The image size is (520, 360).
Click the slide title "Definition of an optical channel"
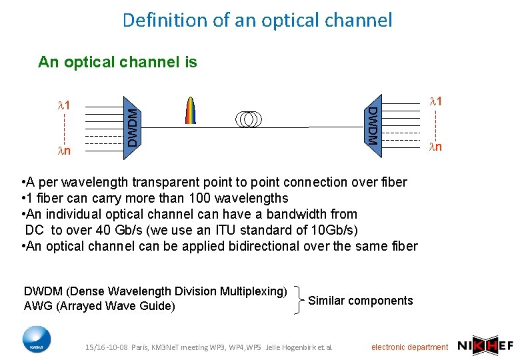click(257, 20)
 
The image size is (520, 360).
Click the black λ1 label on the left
click(65, 105)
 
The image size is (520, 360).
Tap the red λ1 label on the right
click(435, 101)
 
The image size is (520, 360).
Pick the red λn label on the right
click(435, 147)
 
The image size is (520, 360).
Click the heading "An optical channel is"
click(117, 63)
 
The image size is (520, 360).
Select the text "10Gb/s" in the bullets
click(339, 230)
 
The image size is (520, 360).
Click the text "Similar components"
click(361, 301)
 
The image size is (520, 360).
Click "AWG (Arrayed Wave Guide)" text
click(99, 306)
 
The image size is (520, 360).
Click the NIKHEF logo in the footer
click(485, 345)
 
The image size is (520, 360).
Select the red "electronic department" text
click(409, 347)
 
